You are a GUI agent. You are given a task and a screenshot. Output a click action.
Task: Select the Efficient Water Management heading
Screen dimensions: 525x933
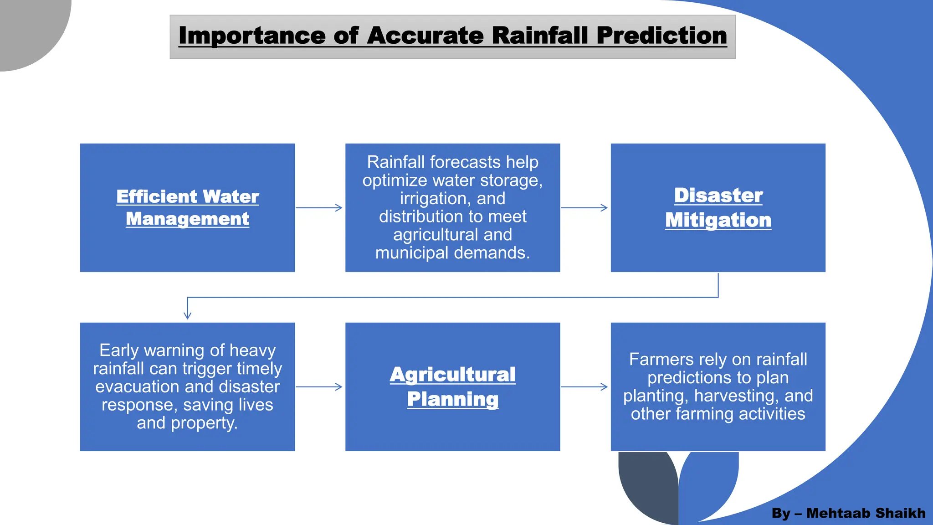tap(187, 208)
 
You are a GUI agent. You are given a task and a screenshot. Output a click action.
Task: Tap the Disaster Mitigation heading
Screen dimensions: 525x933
tap(718, 208)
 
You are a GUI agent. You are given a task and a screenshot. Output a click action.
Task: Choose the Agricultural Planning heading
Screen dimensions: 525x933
tap(452, 386)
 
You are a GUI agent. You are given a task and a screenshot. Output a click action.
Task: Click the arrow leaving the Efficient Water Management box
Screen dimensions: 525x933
tap(319, 208)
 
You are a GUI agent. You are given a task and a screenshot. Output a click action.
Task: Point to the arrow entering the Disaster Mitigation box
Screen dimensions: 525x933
tap(584, 208)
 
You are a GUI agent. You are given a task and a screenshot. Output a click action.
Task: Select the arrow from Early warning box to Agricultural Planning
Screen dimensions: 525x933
tap(319, 387)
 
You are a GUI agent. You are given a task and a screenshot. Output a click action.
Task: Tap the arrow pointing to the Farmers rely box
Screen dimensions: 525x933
tap(584, 387)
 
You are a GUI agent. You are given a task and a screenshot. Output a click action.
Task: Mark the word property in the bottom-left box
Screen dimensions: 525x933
tap(204, 423)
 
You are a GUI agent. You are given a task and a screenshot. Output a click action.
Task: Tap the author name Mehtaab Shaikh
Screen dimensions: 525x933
tap(866, 513)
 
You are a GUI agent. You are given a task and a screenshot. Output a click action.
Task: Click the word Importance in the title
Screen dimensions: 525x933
tap(252, 36)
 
